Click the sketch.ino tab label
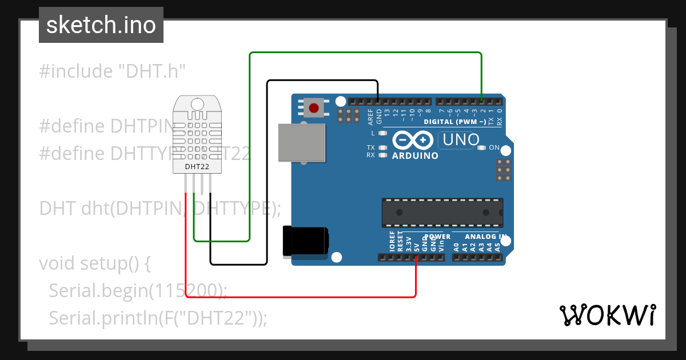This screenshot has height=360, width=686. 101,25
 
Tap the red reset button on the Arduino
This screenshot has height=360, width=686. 314,107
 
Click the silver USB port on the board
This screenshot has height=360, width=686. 301,143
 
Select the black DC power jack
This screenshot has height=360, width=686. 305,241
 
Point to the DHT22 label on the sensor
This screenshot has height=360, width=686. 197,167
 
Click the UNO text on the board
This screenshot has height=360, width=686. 458,140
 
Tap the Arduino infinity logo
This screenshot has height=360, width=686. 412,140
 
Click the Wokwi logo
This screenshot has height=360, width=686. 608,314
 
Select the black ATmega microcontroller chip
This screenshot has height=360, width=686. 442,213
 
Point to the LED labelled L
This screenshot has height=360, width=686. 382,133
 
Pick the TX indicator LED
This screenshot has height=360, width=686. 382,147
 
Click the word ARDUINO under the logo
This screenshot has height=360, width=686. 415,155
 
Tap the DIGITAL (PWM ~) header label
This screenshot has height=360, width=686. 455,122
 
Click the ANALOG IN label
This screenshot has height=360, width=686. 485,237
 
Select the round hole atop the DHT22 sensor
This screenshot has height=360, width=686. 197,104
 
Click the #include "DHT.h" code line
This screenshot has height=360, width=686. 113,71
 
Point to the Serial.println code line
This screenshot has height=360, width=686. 158,317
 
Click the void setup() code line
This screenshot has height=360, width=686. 95,263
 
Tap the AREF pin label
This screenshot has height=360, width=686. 370,117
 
